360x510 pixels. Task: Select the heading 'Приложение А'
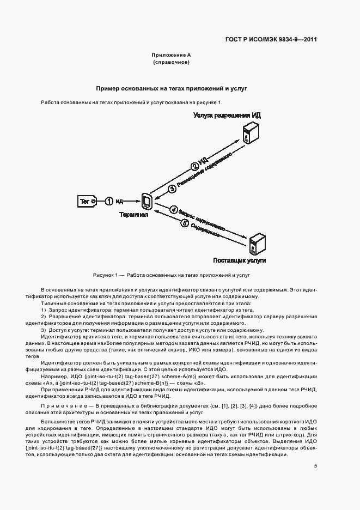(x=171, y=55)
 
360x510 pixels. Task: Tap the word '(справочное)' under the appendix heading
(x=171, y=63)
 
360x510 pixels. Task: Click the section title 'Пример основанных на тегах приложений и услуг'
(x=172, y=88)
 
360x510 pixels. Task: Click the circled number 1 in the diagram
(x=109, y=202)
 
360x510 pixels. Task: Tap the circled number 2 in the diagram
(x=194, y=167)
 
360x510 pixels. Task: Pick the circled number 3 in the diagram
(x=173, y=189)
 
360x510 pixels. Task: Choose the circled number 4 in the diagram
(x=174, y=209)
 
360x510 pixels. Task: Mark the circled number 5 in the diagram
(x=185, y=222)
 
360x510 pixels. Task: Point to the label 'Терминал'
(x=134, y=215)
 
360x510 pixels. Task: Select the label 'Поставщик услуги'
(x=240, y=261)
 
